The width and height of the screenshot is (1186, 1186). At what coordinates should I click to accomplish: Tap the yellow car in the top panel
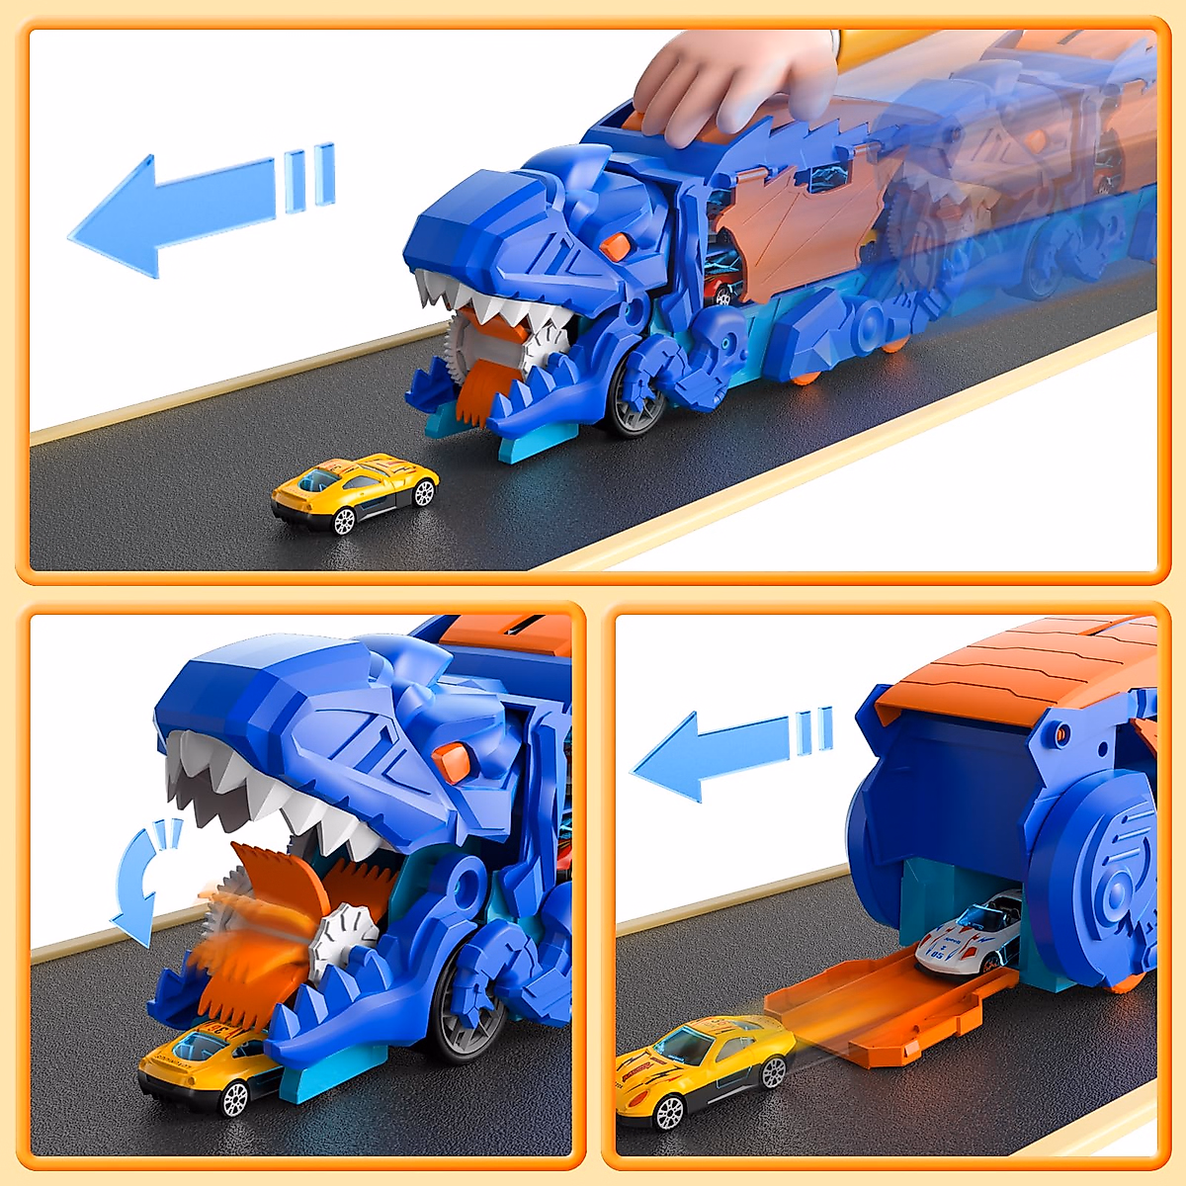354,491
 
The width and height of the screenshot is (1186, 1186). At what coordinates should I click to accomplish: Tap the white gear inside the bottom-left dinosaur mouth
346,939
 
